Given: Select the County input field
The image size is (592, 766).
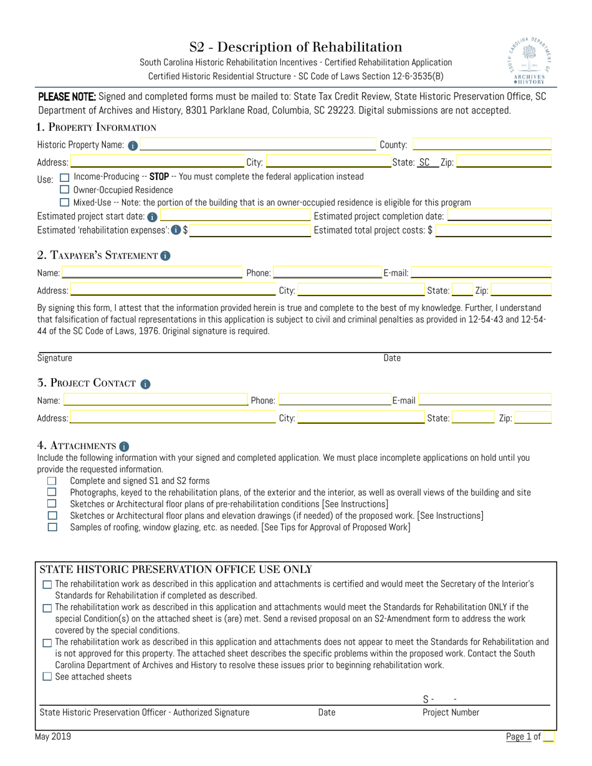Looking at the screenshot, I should coord(481,145).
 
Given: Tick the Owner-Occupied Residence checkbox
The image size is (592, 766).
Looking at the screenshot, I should coord(64,189).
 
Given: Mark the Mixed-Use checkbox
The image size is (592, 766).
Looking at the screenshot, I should coord(64,202).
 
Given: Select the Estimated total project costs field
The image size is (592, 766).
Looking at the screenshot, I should coord(494,230).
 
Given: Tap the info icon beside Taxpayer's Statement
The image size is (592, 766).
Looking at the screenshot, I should coord(165,255).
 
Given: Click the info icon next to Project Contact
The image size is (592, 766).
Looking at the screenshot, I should coord(145,384).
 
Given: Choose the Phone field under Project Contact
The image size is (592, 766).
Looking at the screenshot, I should coord(334,400).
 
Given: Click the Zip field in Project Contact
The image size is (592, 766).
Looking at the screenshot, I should coord(533,418).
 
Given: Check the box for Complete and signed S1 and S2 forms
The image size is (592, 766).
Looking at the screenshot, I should coord(52,481).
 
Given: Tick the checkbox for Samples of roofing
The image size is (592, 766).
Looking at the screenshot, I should coord(52,527).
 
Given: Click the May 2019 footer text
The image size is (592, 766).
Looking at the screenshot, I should coord(54,737).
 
